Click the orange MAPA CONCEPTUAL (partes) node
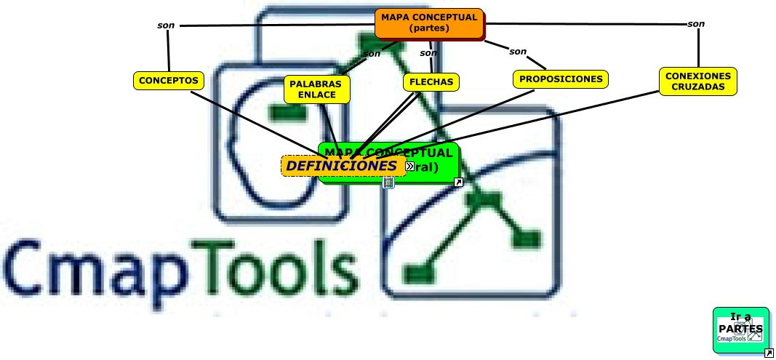tap(429, 23)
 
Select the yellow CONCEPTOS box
tap(168, 81)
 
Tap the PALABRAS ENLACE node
tap(316, 89)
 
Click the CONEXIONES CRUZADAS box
tap(697, 81)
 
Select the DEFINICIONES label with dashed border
tap(340, 166)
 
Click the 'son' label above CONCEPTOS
tap(166, 25)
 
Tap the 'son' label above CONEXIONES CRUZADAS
tap(696, 24)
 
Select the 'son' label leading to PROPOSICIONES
tap(518, 52)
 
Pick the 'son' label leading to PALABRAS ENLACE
tap(372, 53)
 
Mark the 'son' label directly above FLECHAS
tap(429, 52)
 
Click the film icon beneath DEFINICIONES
tap(388, 183)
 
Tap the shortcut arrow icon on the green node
tap(458, 183)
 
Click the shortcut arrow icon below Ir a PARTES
tap(769, 353)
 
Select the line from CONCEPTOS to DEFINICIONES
tap(255, 119)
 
